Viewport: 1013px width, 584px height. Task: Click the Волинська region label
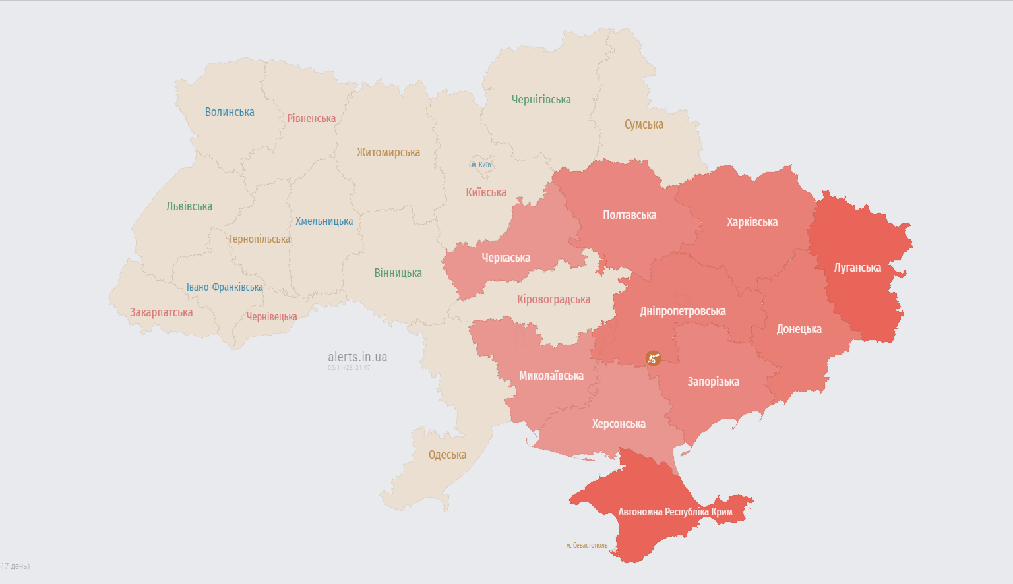point(230,112)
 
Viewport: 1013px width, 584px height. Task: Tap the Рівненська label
point(311,119)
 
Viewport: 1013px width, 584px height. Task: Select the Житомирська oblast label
point(388,152)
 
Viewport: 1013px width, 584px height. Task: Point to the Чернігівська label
point(541,100)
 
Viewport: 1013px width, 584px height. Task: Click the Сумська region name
point(644,125)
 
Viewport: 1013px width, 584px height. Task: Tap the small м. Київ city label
point(481,165)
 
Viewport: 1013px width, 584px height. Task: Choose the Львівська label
point(189,206)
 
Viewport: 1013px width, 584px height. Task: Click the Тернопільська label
point(259,239)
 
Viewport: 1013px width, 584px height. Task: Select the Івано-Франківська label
point(224,287)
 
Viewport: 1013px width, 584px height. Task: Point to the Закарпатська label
point(161,312)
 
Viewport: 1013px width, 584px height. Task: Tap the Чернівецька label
point(272,317)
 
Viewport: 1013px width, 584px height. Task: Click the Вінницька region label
point(398,273)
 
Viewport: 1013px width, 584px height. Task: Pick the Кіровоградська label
point(553,299)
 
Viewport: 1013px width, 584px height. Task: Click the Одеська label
point(447,455)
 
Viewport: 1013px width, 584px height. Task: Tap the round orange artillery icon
point(653,358)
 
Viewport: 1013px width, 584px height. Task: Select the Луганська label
point(857,268)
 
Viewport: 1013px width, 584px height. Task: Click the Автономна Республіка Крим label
point(675,512)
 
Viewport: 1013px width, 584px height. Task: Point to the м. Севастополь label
point(586,546)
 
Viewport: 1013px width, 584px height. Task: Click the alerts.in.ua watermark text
point(357,357)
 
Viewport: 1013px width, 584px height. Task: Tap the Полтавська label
point(629,215)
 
